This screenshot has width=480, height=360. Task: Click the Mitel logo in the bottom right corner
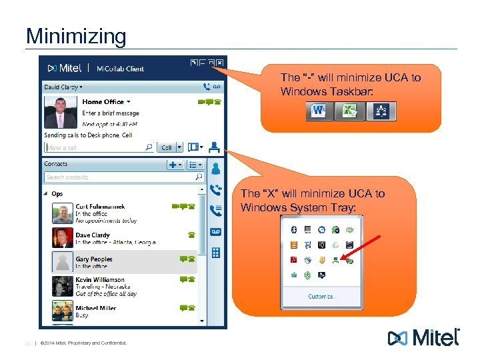pos(424,337)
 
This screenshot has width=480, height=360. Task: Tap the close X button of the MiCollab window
pos(219,63)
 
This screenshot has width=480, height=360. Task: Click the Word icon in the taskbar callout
pos(318,111)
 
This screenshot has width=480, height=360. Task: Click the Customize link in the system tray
pos(322,296)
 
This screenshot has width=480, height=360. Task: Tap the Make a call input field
pos(93,147)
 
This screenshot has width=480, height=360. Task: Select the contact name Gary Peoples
pos(94,259)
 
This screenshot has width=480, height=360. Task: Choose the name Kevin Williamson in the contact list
pos(100,279)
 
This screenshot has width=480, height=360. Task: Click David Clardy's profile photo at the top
pos(60,111)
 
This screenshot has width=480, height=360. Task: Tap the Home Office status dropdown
pos(106,102)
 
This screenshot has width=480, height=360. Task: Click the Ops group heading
pos(57,194)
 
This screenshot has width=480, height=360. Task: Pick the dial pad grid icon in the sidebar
pos(215,253)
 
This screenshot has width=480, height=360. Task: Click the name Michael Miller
pos(95,308)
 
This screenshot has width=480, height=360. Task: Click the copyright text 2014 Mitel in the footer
pos(83,343)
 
